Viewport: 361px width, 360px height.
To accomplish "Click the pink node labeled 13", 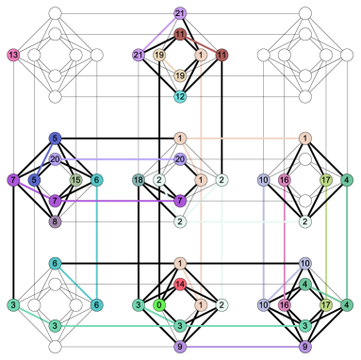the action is point(13,55).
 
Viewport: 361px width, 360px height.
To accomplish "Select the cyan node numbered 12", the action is point(180,97).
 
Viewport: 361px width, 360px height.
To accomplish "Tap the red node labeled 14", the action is point(180,284).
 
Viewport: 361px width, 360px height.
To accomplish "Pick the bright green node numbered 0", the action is point(159,304).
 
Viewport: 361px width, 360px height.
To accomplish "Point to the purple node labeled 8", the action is point(55,221).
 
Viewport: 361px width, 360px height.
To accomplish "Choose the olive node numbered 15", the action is point(75,180).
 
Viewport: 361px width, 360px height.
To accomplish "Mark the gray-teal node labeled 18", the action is point(139,180).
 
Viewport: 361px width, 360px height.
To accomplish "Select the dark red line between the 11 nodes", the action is point(201,44).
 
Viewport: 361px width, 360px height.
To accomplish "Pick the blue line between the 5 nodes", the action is point(44,159).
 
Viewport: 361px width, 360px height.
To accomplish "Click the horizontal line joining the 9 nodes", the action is point(242,347).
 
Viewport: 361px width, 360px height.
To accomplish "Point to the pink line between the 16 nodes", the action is point(284,242).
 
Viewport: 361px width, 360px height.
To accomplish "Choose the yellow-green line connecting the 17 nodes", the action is point(326,242).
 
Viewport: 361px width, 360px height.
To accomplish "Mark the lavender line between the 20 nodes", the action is point(117,159).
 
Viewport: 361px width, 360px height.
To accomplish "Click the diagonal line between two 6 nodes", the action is point(75,284).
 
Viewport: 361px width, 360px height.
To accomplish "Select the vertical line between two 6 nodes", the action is point(96,242).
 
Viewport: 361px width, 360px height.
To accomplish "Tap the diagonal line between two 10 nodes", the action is point(284,284).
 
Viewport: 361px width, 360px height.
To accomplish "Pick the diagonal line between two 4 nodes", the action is point(326,294).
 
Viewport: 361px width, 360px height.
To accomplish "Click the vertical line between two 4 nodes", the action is point(347,242).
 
